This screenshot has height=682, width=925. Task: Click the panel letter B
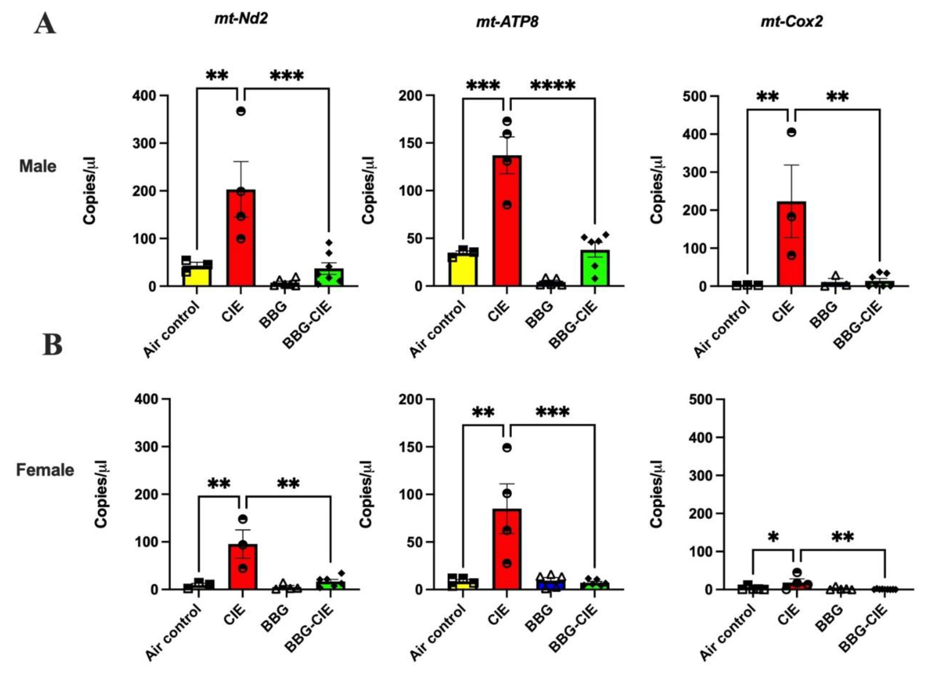(52, 345)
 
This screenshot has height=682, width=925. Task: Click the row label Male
(38, 166)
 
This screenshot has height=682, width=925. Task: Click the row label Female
(45, 470)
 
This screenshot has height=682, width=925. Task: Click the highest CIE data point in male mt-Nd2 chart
(241, 111)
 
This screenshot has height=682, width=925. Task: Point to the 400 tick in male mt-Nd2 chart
(145, 96)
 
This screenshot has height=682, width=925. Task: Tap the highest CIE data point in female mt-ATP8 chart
(507, 447)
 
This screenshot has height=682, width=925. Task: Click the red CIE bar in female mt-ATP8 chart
(507, 553)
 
